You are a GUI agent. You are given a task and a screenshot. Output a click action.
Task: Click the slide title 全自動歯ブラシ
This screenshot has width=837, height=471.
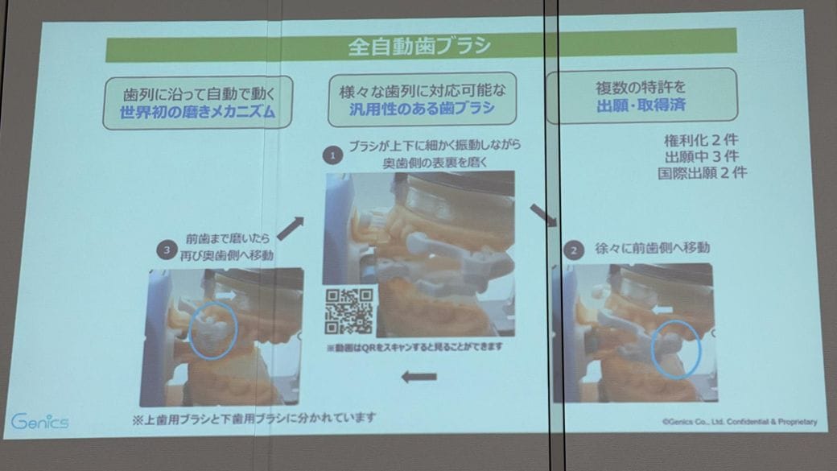[419, 46]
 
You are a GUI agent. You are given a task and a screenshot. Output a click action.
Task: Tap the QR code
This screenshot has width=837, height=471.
[349, 311]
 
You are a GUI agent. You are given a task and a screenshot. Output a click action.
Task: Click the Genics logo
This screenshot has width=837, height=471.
[39, 422]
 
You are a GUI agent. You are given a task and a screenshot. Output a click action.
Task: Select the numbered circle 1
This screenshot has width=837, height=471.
[332, 156]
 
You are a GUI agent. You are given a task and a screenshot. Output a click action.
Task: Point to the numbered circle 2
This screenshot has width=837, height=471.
[574, 250]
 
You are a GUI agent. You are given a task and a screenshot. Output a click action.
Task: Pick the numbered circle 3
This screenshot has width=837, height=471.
[167, 250]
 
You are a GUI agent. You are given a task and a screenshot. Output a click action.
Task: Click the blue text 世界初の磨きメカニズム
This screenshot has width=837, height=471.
[197, 112]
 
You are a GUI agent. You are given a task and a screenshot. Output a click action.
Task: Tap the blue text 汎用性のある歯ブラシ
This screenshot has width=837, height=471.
[422, 109]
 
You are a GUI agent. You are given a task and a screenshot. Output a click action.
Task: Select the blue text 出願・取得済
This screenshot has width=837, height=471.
[641, 105]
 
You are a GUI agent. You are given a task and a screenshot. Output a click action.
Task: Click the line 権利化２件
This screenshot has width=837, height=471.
[701, 140]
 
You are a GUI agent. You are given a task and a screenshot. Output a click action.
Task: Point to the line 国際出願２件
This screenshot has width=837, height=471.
[702, 173]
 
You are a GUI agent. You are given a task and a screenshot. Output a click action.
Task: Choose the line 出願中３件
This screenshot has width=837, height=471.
[702, 157]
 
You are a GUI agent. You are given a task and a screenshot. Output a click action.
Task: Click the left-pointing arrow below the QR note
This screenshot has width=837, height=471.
[419, 377]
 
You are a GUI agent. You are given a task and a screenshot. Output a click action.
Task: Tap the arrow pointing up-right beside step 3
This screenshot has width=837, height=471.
[291, 229]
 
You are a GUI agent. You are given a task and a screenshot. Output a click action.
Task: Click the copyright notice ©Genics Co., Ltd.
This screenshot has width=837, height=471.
[740, 422]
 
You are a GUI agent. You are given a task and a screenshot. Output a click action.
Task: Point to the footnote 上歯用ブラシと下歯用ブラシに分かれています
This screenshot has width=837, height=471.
[254, 419]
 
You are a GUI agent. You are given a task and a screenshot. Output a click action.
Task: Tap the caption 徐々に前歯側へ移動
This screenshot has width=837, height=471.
[653, 248]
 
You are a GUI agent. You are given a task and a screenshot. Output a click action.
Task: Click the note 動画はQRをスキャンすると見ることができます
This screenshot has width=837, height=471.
[414, 348]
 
